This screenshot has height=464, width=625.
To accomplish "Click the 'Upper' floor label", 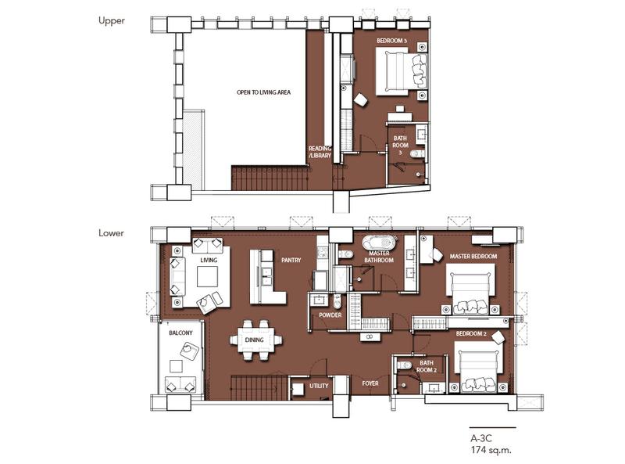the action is click(112, 20).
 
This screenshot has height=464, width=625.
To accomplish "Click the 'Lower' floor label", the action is click(111, 233).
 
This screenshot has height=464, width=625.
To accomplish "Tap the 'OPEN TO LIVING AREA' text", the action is click(263, 92).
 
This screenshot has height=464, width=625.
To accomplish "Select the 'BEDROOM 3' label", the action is click(391, 41).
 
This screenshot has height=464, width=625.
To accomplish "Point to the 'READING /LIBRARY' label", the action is click(320, 152).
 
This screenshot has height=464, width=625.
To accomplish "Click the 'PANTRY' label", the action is click(291, 260).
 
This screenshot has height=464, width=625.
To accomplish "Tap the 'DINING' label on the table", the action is click(255, 340).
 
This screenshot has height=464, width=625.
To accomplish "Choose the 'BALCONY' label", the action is click(180, 333).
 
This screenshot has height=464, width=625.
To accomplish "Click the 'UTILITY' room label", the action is click(319, 386).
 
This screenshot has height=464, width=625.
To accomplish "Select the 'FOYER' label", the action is click(370, 383).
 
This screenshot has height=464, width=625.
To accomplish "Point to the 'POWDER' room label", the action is click(330, 315).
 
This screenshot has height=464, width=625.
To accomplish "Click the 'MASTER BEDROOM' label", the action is click(473, 257).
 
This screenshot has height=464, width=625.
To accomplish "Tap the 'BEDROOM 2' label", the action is click(471, 333).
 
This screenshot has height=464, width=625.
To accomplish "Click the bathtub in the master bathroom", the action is click(380, 243).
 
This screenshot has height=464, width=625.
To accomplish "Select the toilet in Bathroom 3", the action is click(417, 153).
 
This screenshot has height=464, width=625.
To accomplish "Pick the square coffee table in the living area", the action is click(207, 276).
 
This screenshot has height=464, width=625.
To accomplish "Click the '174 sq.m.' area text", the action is click(491, 450).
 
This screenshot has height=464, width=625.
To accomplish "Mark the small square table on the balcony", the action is click(176, 366).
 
